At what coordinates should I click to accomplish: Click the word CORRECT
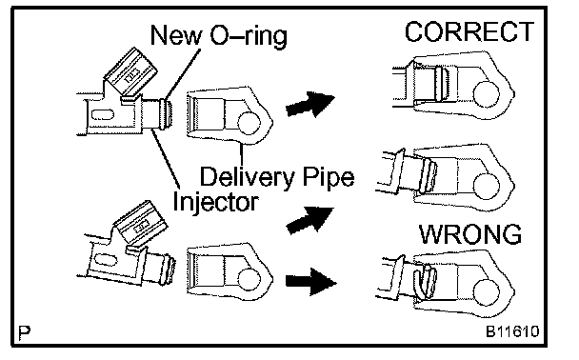469,31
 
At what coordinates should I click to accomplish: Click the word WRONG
470,234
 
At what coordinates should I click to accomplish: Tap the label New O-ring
219,35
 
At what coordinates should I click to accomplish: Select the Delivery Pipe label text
277,177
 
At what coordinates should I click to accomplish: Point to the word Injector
215,202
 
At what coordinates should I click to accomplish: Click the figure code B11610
512,331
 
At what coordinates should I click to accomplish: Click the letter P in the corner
25,332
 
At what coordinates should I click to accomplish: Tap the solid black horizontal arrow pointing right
310,282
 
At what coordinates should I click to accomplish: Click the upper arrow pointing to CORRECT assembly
310,104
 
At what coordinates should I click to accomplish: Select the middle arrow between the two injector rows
309,220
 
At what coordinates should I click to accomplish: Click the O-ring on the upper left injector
166,113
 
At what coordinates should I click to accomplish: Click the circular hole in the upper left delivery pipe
250,123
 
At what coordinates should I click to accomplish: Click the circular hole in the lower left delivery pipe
250,279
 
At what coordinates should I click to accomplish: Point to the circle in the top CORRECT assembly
486,94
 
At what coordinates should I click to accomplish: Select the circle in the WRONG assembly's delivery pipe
486,292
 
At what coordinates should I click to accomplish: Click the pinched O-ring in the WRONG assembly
426,280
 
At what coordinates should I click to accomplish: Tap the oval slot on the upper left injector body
102,115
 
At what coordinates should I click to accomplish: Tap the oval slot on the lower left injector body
107,260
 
